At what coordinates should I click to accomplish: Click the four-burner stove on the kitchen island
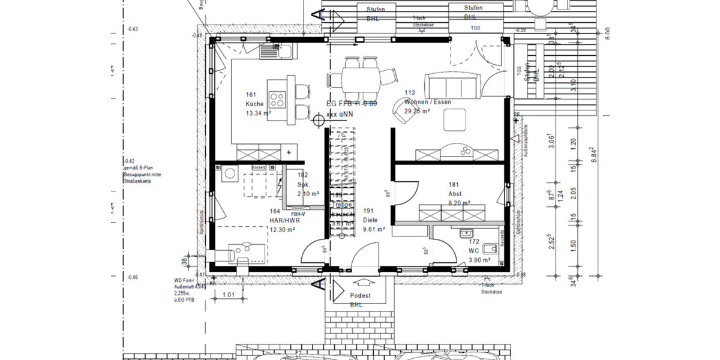(277, 98)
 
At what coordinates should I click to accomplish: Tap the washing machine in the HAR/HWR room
(230, 175)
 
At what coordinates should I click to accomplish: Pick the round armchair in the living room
(403, 110)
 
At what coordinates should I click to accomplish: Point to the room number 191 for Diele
(368, 211)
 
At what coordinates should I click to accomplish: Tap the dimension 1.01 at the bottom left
(228, 295)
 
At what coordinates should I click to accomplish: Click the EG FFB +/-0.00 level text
(352, 104)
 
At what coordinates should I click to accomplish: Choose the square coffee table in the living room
(455, 121)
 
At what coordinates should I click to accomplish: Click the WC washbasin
(466, 233)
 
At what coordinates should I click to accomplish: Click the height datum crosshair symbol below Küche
(319, 121)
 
